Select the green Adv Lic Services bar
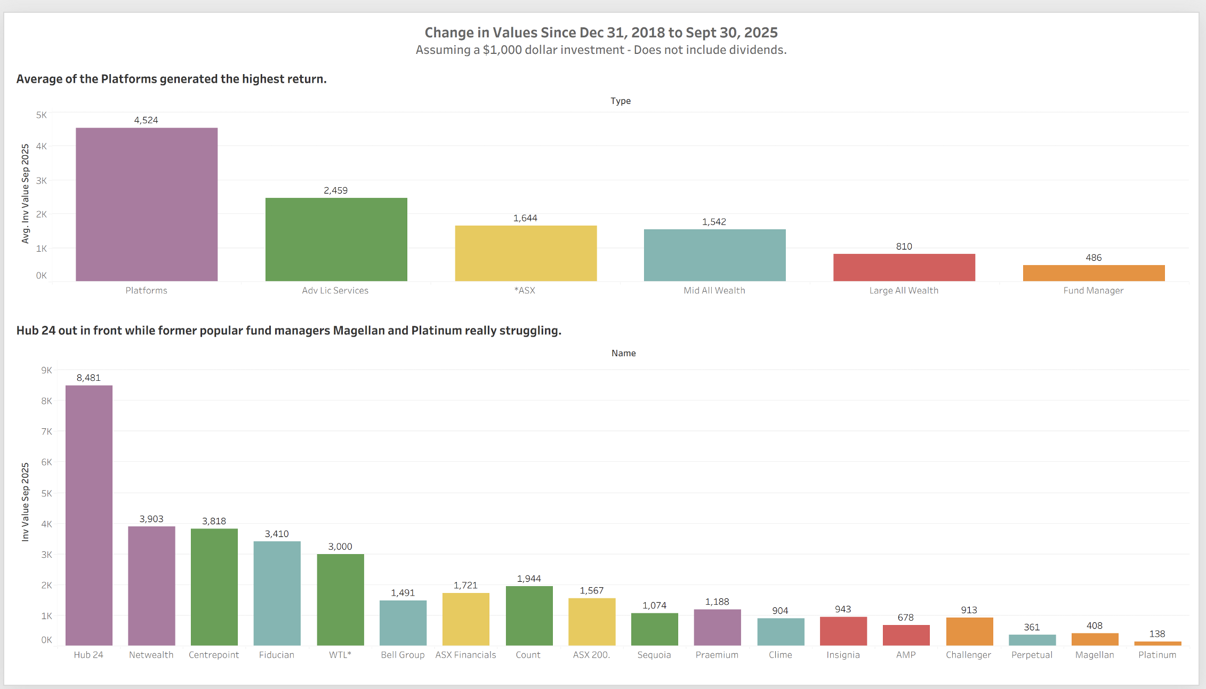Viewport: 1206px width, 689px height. (336, 239)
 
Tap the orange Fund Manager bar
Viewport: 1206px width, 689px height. (1094, 273)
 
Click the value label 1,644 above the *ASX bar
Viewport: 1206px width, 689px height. (525, 218)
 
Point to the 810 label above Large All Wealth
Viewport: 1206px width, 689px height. (904, 246)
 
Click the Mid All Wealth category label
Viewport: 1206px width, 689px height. (714, 291)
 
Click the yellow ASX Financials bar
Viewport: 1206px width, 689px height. (465, 619)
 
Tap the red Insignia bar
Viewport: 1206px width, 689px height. (843, 631)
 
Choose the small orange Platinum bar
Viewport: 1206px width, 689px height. (1157, 643)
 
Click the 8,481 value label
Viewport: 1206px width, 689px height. (89, 378)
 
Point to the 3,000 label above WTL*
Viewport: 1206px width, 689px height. (340, 547)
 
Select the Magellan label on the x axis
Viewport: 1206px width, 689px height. (1095, 655)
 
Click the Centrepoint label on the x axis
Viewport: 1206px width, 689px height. (214, 655)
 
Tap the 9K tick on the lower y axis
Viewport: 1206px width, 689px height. (46, 370)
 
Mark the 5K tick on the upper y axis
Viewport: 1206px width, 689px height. (42, 115)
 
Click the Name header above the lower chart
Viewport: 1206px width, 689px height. (623, 353)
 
